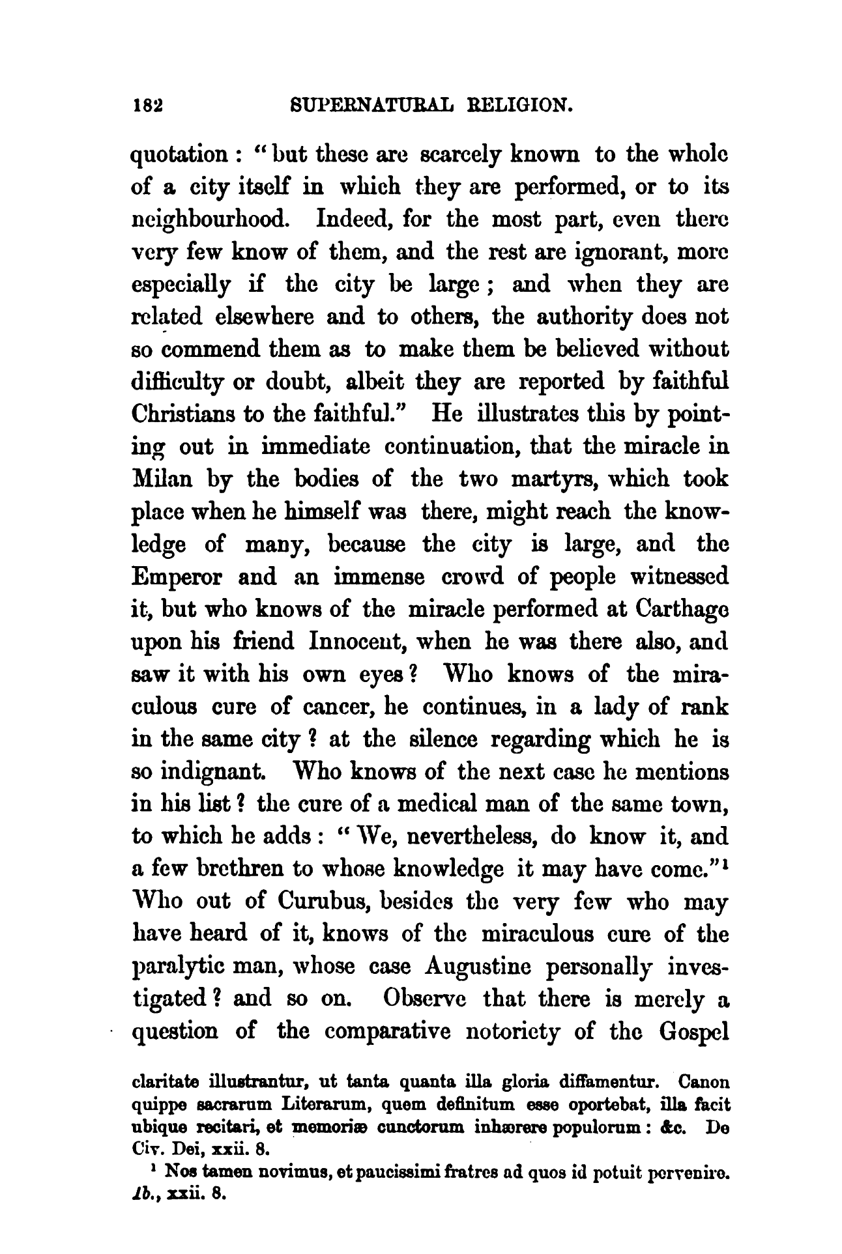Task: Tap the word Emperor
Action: click(x=179, y=577)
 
